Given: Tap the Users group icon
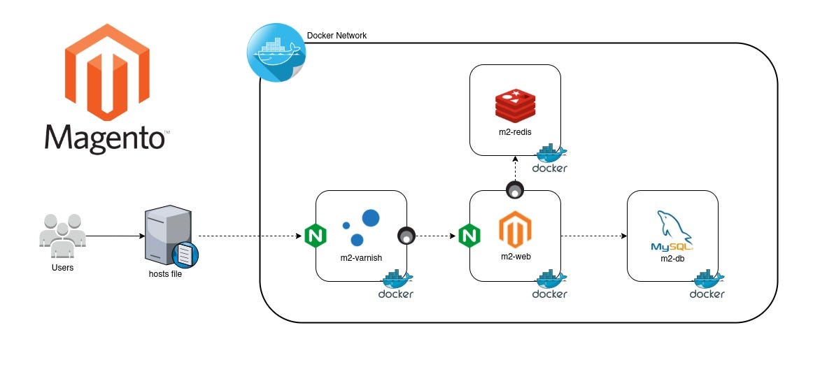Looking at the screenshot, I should click(62, 231).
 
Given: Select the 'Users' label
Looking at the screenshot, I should click(62, 267).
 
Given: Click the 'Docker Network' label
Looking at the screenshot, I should click(337, 36).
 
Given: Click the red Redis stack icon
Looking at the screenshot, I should click(515, 104).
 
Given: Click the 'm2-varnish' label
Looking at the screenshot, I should click(361, 257).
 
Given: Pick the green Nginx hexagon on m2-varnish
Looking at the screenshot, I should click(316, 236).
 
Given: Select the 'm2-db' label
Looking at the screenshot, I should click(672, 258).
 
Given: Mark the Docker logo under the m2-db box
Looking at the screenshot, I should click(707, 286).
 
